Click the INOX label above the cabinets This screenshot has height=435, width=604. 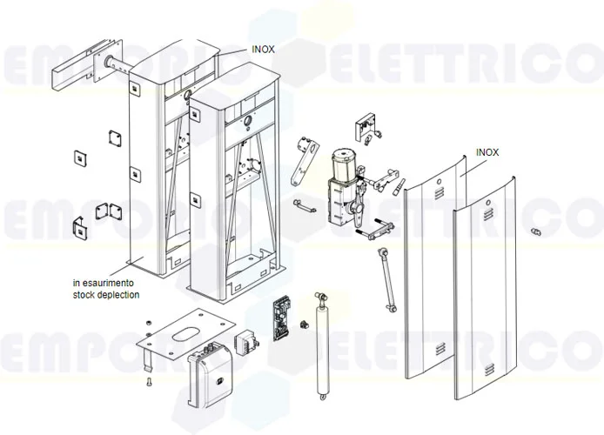click(262, 50)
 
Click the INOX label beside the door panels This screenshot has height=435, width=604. click(487, 151)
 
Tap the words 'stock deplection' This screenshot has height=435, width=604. click(105, 295)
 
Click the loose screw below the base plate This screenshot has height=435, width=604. click(148, 379)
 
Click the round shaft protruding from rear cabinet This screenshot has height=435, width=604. click(116, 64)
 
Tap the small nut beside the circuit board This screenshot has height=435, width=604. click(304, 324)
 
